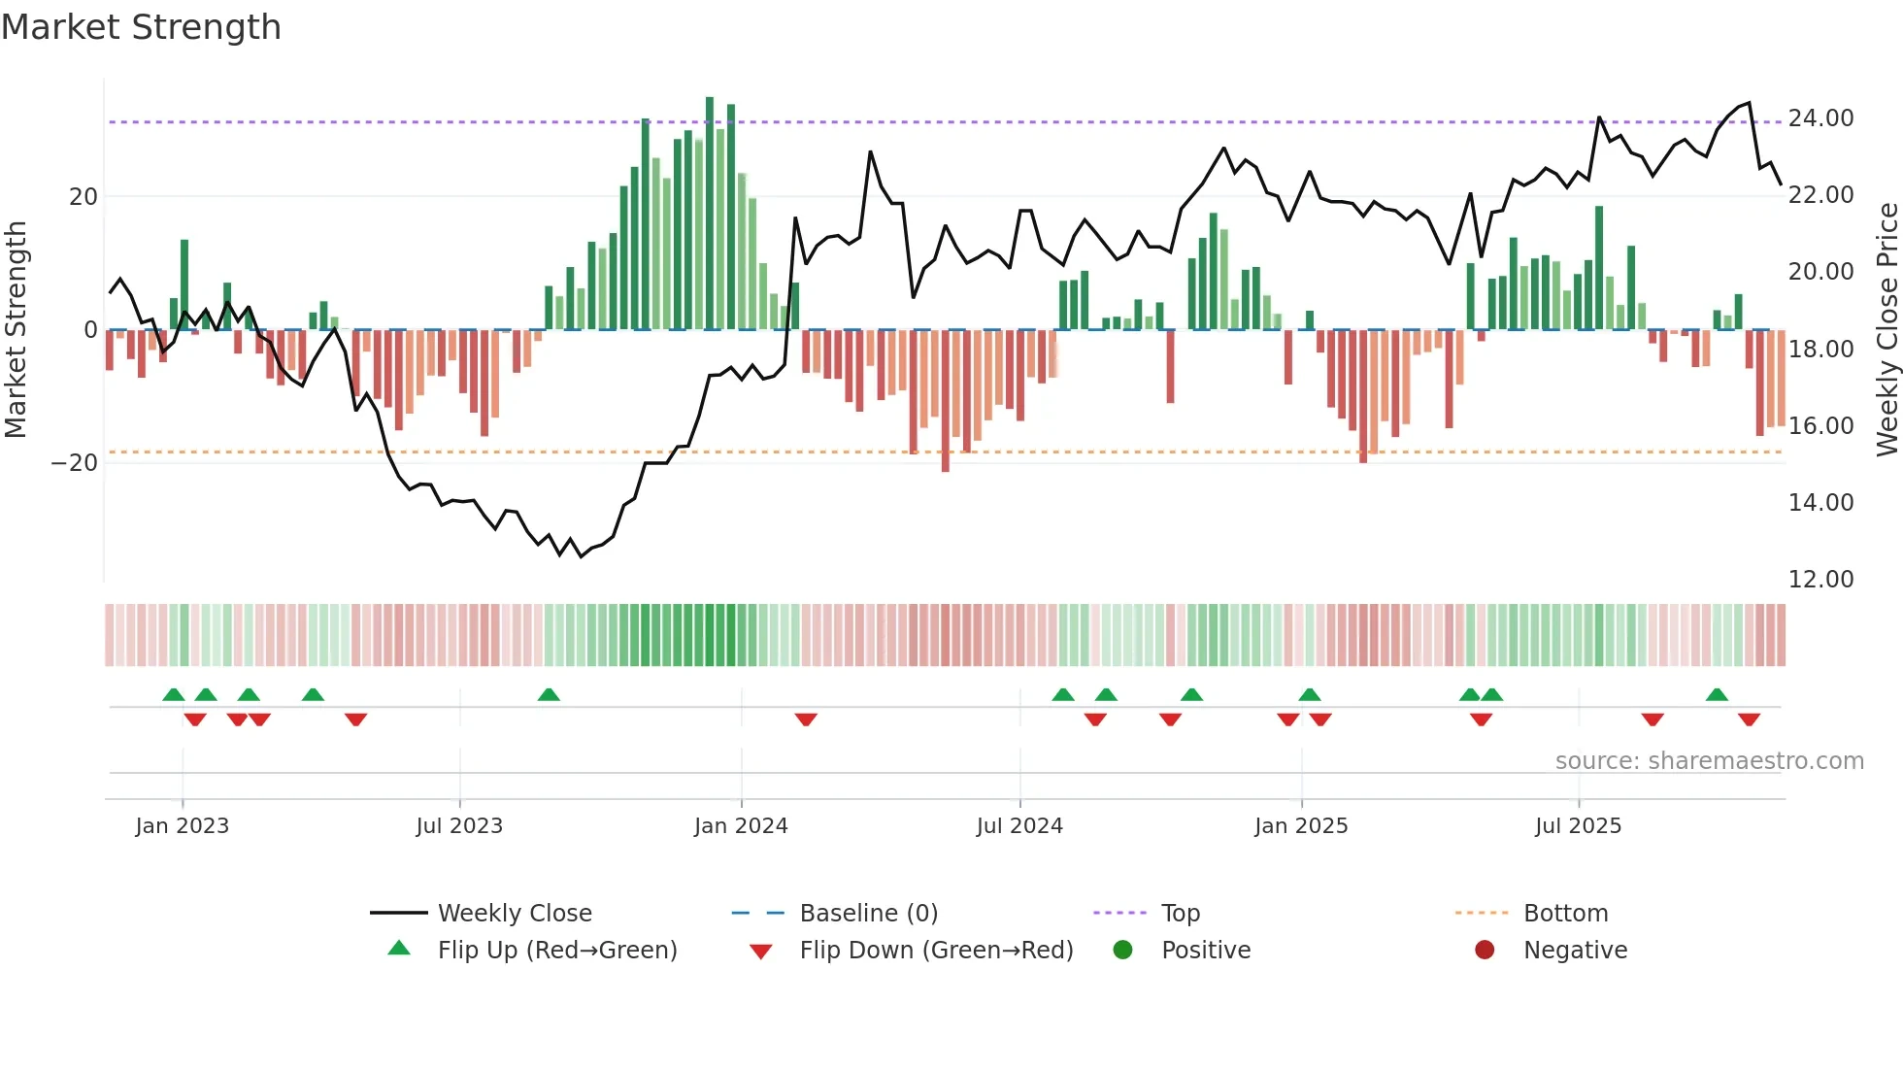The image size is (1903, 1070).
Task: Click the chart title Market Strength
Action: click(x=141, y=27)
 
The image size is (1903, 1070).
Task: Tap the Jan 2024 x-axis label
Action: click(x=741, y=826)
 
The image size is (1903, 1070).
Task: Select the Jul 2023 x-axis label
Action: click(x=459, y=826)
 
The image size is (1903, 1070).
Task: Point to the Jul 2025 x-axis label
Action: click(x=1578, y=826)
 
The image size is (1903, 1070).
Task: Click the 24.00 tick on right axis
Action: click(x=1820, y=118)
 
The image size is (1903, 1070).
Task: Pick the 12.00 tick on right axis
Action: click(x=1820, y=580)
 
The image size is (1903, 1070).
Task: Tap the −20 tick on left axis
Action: click(x=75, y=463)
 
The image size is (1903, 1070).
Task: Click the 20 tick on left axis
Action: click(x=83, y=197)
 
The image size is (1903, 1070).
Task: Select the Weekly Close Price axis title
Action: click(x=1886, y=330)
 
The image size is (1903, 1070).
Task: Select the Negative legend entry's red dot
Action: click(x=1485, y=951)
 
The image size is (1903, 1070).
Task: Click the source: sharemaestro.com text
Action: click(x=1709, y=761)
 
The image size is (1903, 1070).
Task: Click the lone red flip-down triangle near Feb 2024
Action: click(x=806, y=719)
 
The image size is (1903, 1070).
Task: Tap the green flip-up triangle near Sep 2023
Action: click(x=549, y=694)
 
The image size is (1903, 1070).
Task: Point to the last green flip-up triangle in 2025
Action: click(x=1717, y=694)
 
